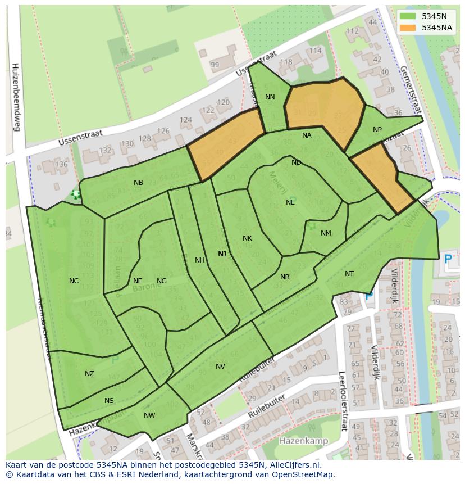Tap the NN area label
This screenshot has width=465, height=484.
pos(270,97)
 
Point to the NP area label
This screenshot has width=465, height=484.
pos(377,130)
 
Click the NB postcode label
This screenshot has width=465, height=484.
pos(138,183)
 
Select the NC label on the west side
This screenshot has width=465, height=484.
pos(74,281)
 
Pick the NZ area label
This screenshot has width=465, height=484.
pos(89,374)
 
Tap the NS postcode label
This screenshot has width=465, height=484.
pos(109,401)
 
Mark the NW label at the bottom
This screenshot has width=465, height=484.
pos(149,415)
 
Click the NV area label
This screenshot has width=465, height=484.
pos(220,367)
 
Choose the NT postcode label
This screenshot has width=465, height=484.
pos(349,274)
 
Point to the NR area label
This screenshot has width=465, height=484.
pos(285,277)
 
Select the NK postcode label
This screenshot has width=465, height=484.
pos(247,238)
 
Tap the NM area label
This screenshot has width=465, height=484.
pos(326,233)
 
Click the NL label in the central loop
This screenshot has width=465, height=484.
pos(290,202)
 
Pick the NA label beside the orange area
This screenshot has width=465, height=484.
pos(307,135)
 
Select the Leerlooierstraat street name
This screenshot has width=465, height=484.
pos(341,401)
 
